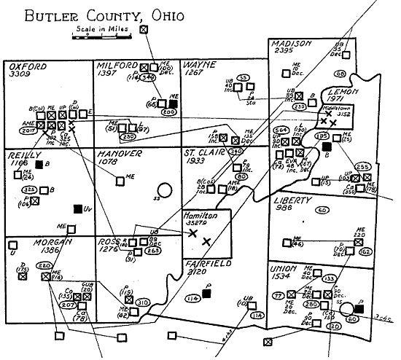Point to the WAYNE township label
200,65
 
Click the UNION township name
285,267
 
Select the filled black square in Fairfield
206,294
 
